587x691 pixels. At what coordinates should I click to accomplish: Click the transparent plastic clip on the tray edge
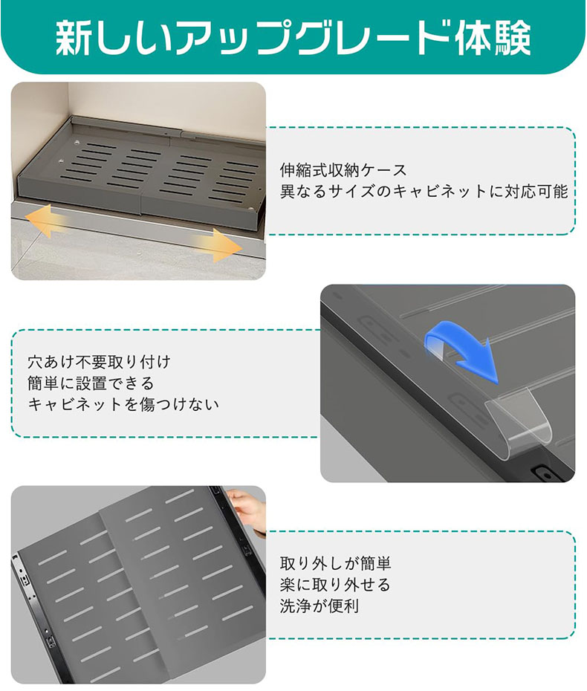click(x=518, y=422)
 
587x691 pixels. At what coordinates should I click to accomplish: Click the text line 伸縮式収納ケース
click(x=343, y=170)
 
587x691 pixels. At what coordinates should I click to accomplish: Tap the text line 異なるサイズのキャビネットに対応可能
click(x=424, y=191)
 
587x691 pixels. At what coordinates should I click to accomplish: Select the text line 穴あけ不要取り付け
click(x=99, y=362)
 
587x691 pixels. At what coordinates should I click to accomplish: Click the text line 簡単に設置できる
click(x=91, y=383)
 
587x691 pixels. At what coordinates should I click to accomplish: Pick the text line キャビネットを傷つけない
click(x=123, y=404)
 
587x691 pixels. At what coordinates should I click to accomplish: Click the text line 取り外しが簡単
click(x=335, y=564)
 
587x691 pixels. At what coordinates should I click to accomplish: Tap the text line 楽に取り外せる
click(x=335, y=585)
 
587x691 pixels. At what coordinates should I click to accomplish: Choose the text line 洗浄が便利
click(x=320, y=606)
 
